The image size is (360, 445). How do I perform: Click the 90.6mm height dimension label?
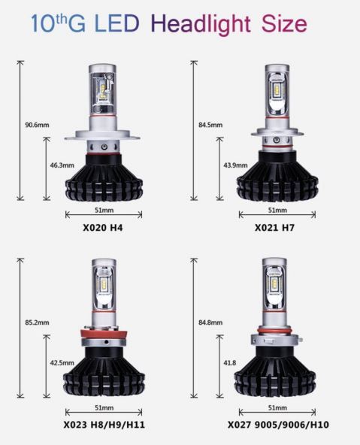tap(37, 125)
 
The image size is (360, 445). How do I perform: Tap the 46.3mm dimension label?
tap(62, 165)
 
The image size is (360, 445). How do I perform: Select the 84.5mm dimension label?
tap(210, 125)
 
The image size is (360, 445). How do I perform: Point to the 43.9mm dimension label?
tap(235, 165)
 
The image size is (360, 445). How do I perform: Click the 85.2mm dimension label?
tap(37, 322)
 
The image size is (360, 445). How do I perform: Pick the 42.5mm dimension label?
tap(62, 363)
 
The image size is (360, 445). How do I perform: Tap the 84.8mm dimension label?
tap(210, 322)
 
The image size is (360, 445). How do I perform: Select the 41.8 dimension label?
tap(230, 363)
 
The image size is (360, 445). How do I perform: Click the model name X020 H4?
tap(103, 228)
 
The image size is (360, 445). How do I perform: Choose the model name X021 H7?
tap(274, 228)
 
